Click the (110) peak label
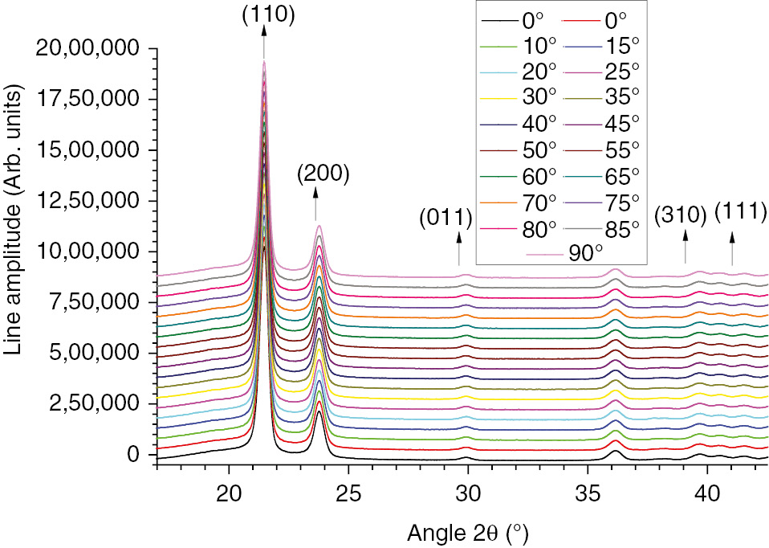click(264, 14)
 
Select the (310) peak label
click(680, 215)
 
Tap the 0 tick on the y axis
click(133, 455)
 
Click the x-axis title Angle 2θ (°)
click(468, 531)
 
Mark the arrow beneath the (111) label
click(732, 248)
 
